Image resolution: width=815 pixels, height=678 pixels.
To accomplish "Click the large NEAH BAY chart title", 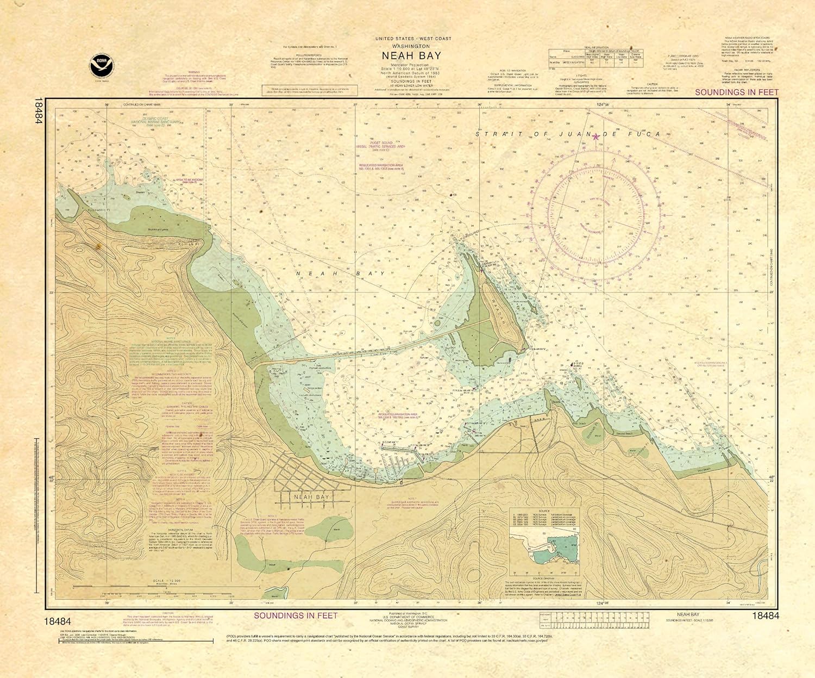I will click(x=411, y=55).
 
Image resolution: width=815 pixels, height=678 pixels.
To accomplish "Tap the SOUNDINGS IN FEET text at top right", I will click(x=737, y=92).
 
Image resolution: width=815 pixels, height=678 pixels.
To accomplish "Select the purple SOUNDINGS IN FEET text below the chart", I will click(x=296, y=615).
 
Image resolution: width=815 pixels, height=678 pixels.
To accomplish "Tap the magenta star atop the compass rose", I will click(x=595, y=136).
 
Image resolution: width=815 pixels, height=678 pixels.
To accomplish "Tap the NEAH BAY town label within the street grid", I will click(x=311, y=497).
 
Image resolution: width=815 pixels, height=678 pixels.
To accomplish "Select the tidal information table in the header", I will click(x=595, y=57).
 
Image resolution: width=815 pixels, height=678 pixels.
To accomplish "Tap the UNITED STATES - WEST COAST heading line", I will click(x=411, y=39).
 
